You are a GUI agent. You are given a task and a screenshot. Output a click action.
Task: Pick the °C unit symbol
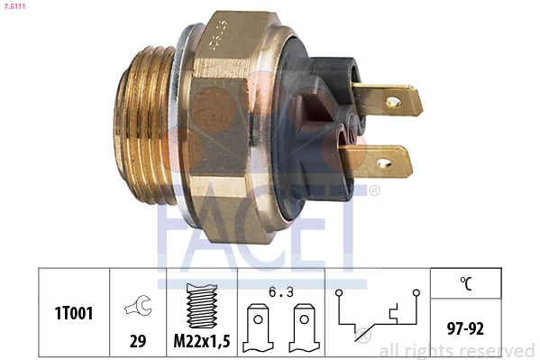tap(466, 283)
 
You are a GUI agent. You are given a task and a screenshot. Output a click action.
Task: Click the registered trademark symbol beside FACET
tap(374, 191)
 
